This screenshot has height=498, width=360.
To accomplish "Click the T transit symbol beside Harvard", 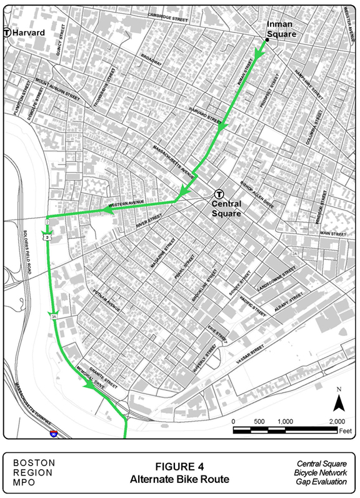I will [x=7, y=33].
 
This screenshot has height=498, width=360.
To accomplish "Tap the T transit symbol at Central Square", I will [x=219, y=194].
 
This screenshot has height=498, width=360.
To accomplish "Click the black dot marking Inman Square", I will [x=267, y=41].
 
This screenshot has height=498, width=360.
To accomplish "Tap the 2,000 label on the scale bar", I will [x=337, y=421].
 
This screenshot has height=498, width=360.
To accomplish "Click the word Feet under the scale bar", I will [x=345, y=431].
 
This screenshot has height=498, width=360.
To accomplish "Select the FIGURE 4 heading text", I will [x=179, y=467].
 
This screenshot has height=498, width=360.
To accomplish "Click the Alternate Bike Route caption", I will [x=179, y=479].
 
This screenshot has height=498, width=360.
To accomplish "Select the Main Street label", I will [x=332, y=233].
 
